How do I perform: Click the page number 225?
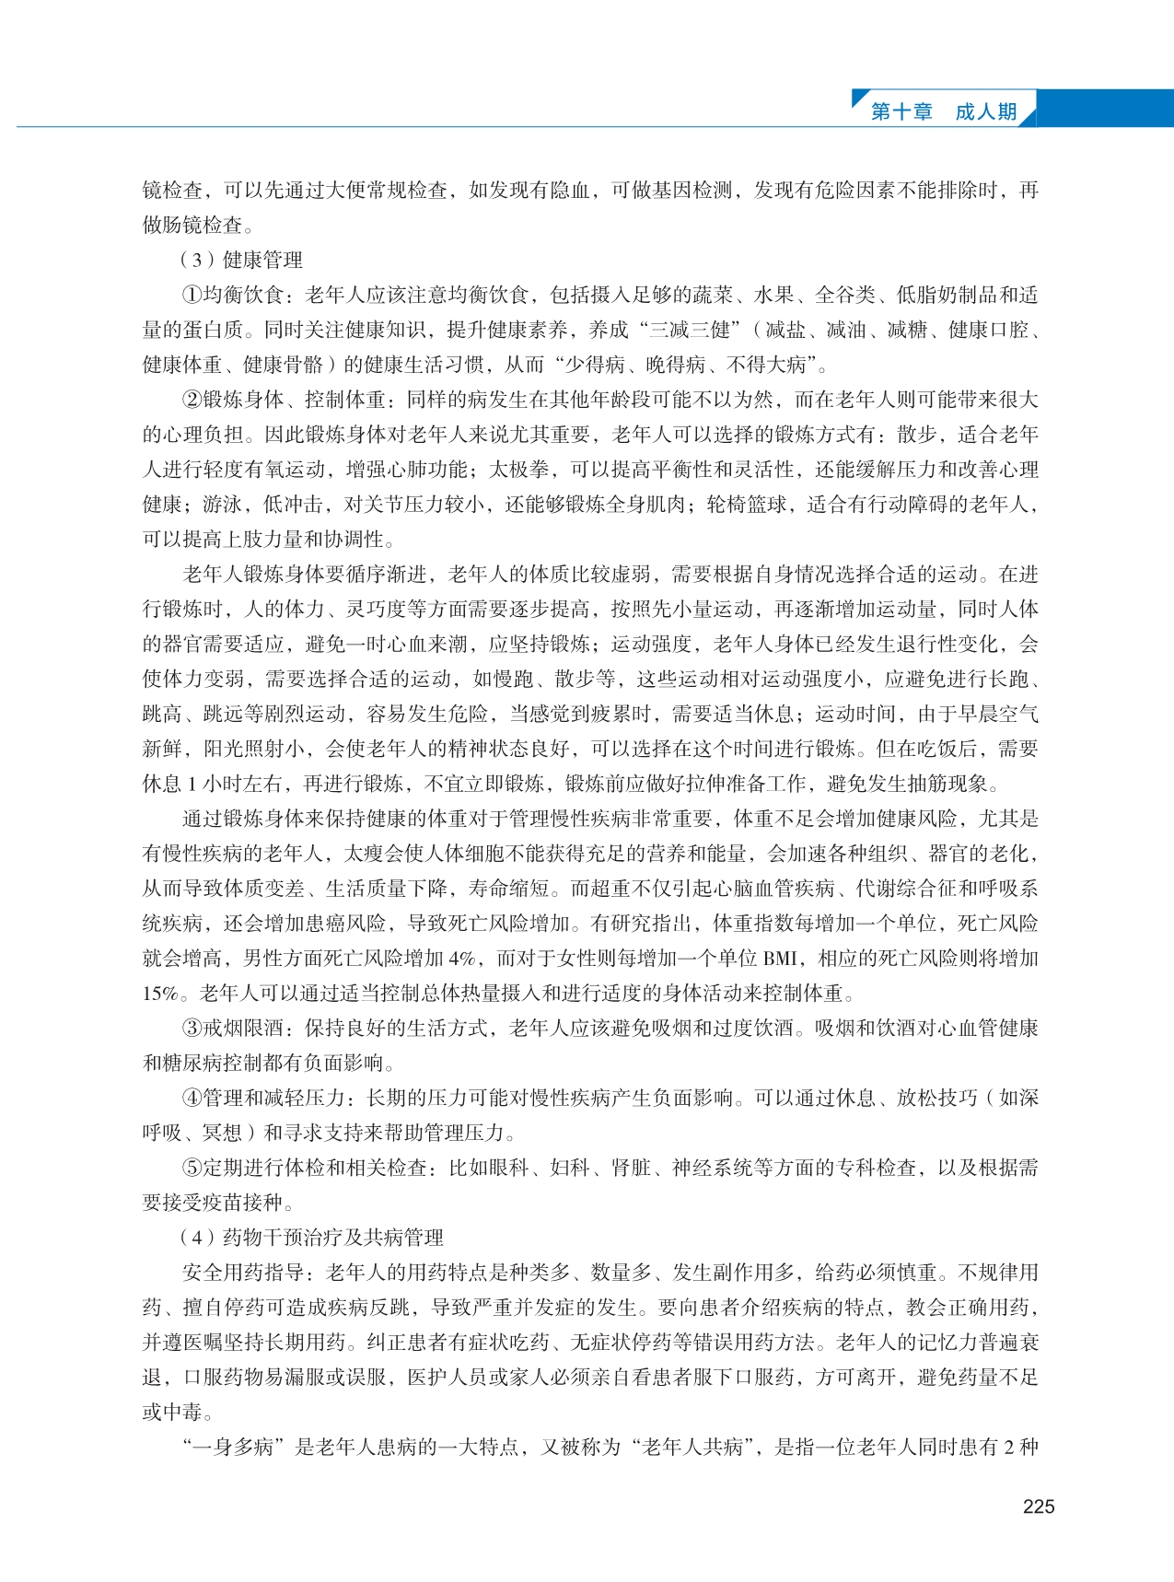(1039, 1506)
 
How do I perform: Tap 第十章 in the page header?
(901, 111)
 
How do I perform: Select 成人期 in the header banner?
(986, 111)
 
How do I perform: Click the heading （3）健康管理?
(242, 261)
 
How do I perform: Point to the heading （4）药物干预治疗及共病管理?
(312, 1238)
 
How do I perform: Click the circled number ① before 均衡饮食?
(192, 296)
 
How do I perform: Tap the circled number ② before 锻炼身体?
(192, 401)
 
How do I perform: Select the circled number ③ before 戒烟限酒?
(192, 1029)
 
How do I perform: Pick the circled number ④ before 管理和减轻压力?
(192, 1099)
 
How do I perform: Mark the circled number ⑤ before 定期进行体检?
(192, 1169)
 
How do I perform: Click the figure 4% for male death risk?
(462, 959)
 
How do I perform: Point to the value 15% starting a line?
(159, 994)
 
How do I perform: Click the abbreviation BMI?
(780, 959)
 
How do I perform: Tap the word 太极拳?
(518, 471)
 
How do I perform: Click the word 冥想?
(222, 1134)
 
